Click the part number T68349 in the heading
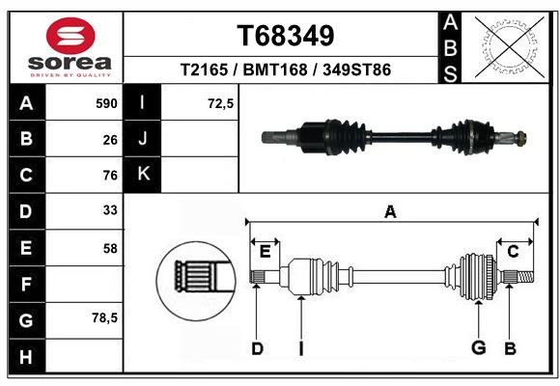(286, 37)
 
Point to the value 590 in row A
(105, 103)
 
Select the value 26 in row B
(110, 139)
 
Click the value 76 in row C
(110, 176)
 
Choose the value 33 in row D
(110, 211)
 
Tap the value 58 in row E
(110, 248)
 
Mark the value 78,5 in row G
(104, 318)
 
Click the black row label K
(143, 175)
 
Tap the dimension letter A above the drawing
(390, 212)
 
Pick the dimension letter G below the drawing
(478, 347)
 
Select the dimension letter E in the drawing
(265, 252)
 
